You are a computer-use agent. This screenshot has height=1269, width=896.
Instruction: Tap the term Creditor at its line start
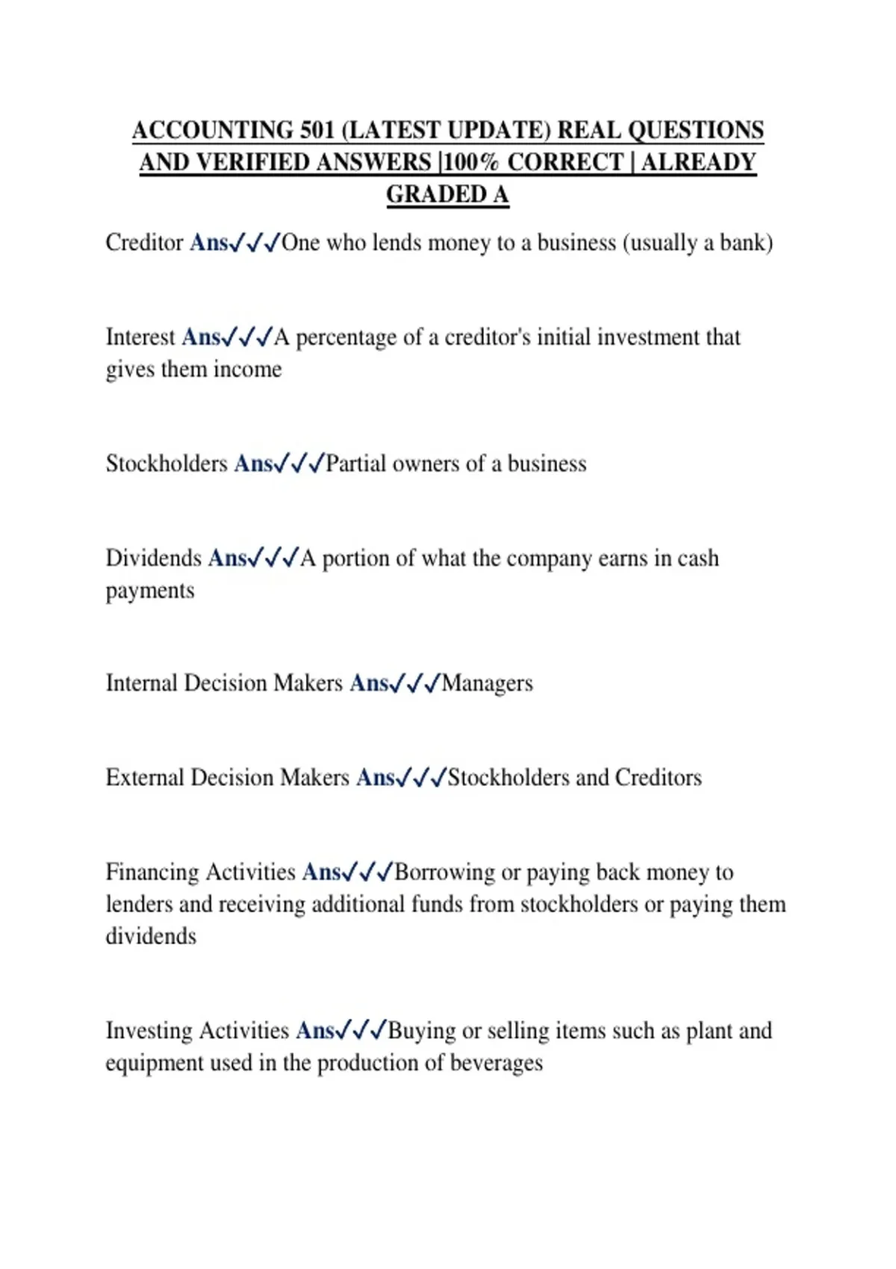click(144, 243)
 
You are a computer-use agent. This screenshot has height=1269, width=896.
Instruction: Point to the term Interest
click(140, 337)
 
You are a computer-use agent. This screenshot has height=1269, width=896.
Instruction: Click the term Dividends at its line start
click(154, 558)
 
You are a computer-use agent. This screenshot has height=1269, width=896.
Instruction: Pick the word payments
click(149, 591)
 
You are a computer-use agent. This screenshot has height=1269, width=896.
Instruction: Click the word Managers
click(487, 684)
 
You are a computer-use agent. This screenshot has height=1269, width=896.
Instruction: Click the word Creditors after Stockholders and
click(658, 778)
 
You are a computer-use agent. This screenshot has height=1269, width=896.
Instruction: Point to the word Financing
click(152, 873)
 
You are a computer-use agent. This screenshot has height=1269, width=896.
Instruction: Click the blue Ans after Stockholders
click(253, 464)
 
